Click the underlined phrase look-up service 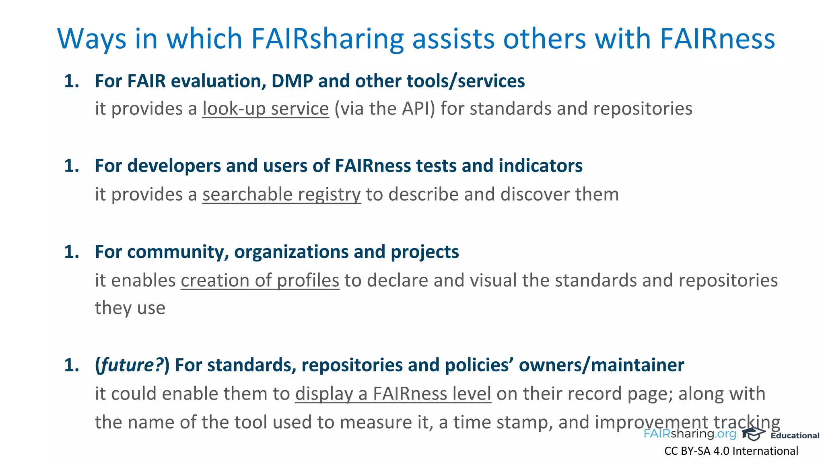pos(266,109)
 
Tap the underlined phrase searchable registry pos(282,195)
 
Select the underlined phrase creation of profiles pos(260,280)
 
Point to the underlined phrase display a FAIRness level pos(393,394)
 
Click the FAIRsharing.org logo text pos(690,434)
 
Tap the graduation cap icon pos(753,434)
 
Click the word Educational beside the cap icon pos(795,435)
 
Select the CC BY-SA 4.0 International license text pos(731,451)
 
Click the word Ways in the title pos(92,39)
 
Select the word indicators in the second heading pos(540,166)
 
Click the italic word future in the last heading pos(129,365)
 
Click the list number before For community pos(72,252)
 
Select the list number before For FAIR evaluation pos(72,81)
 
